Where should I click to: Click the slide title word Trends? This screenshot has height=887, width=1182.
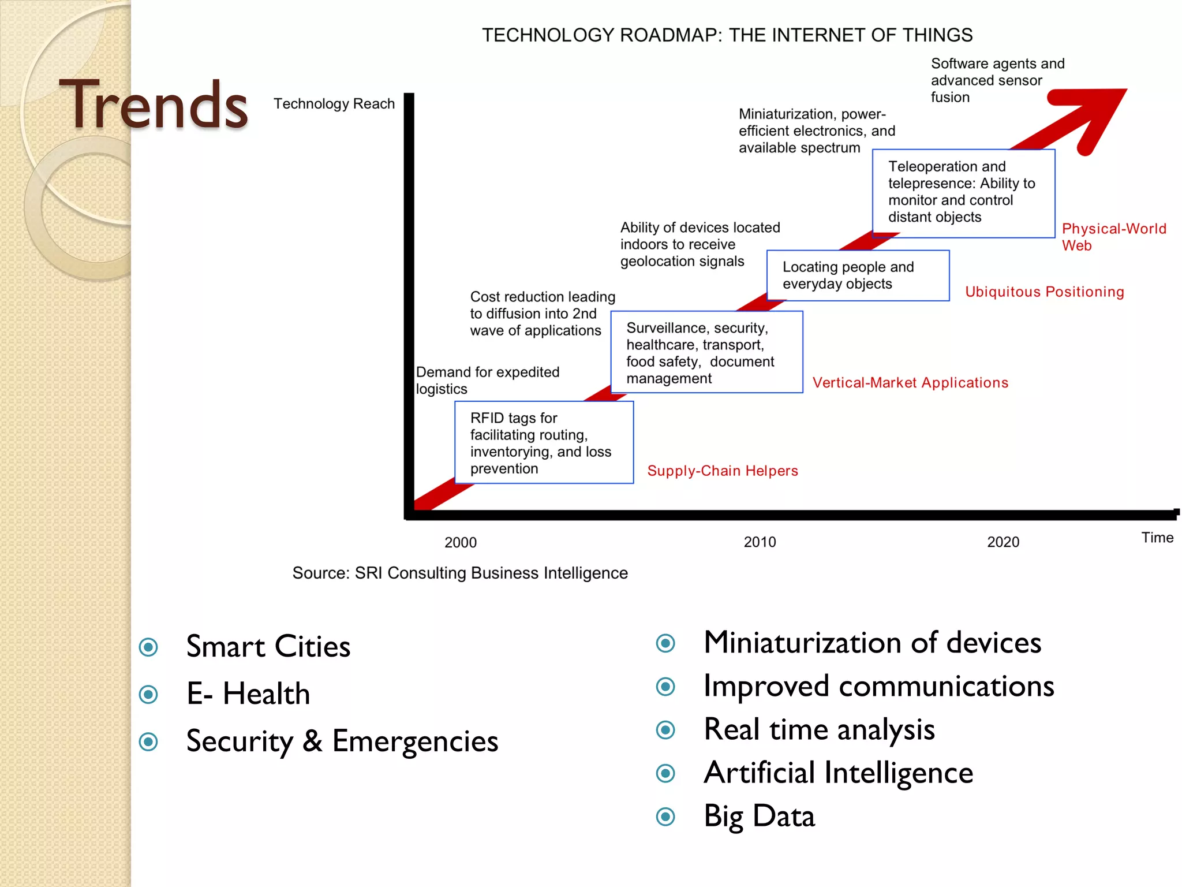coord(154,105)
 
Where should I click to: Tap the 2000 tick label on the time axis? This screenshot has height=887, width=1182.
coord(460,542)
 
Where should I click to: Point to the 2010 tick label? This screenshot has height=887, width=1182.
coord(760,542)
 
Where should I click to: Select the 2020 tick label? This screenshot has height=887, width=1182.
coord(1003,542)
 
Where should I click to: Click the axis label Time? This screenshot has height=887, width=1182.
coord(1157,538)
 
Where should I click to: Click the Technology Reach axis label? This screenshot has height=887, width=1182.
coord(334,104)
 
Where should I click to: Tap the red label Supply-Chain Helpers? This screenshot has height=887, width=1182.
coord(722,471)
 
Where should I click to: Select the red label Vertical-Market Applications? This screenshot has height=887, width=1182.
coord(910,383)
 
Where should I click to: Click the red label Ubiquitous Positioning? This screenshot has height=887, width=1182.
coord(1044,292)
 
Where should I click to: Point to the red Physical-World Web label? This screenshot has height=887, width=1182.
coord(1113,237)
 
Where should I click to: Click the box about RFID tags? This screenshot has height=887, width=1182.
coord(544,442)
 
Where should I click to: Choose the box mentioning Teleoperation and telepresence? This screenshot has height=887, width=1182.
coord(963,193)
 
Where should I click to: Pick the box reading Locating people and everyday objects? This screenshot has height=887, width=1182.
coord(858,275)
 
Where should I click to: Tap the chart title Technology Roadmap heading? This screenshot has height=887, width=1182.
coord(727,35)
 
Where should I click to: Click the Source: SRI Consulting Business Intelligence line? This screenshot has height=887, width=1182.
coord(459,573)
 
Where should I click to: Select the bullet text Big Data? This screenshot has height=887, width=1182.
coord(758,816)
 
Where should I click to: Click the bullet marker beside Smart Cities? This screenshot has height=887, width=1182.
coord(148,647)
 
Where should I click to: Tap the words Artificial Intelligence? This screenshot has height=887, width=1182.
coord(838,773)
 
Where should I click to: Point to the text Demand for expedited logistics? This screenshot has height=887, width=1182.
coord(487,380)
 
